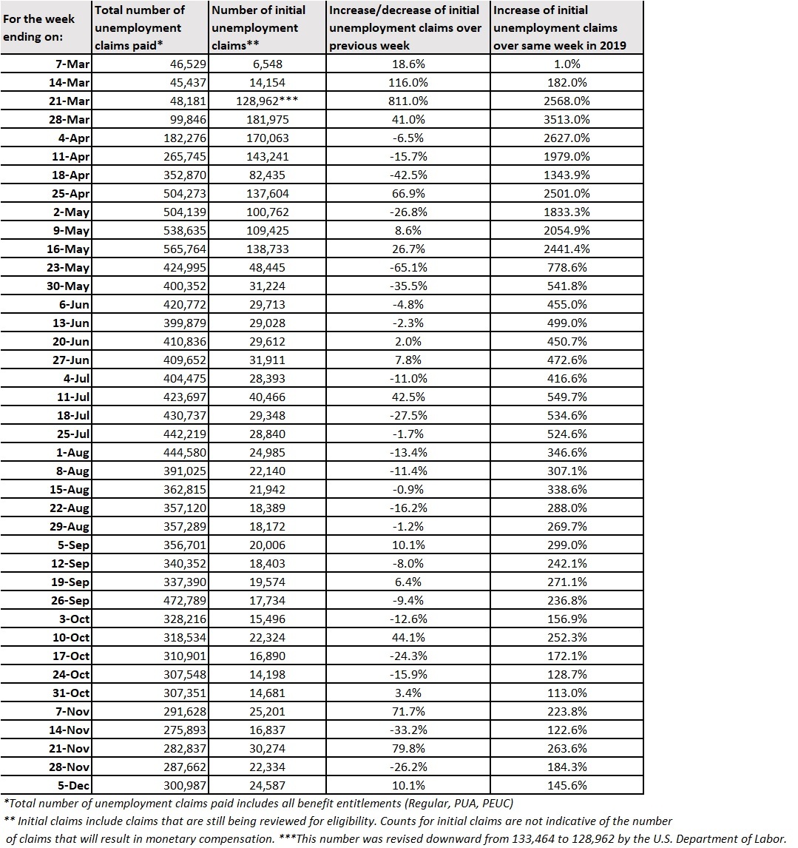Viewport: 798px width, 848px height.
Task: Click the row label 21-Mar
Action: [x=70, y=101]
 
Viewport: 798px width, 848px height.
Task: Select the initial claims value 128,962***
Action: [x=268, y=101]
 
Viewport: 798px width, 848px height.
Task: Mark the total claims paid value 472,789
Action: [x=181, y=600]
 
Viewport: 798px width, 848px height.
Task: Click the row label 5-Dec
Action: [x=72, y=785]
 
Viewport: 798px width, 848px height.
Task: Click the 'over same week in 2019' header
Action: [x=559, y=45]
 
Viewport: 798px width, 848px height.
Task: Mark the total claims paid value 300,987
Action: [x=181, y=785]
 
